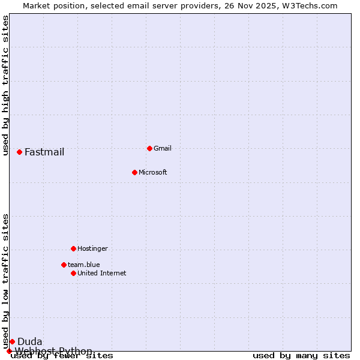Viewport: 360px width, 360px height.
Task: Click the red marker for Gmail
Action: [149, 148]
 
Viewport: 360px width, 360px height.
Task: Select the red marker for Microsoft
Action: [134, 172]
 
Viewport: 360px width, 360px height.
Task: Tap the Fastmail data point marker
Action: [19, 152]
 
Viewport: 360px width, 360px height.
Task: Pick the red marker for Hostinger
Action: [73, 248]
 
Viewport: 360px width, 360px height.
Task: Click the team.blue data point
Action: [64, 265]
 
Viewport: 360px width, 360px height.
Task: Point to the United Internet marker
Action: [73, 273]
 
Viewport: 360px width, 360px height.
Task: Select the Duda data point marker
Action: [12, 341]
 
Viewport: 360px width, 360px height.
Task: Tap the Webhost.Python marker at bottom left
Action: [9, 351]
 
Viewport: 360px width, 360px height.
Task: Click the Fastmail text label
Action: [44, 152]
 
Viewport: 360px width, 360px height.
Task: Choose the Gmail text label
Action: [163, 148]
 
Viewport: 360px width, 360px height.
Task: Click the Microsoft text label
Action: [153, 172]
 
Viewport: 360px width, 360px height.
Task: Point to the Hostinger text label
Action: [92, 248]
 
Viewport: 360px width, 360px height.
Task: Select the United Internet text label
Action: [102, 273]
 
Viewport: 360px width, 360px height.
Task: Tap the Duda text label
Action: [30, 341]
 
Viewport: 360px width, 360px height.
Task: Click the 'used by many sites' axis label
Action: [301, 355]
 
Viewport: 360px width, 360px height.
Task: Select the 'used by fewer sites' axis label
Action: [62, 355]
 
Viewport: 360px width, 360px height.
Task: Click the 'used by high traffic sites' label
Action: [5, 85]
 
